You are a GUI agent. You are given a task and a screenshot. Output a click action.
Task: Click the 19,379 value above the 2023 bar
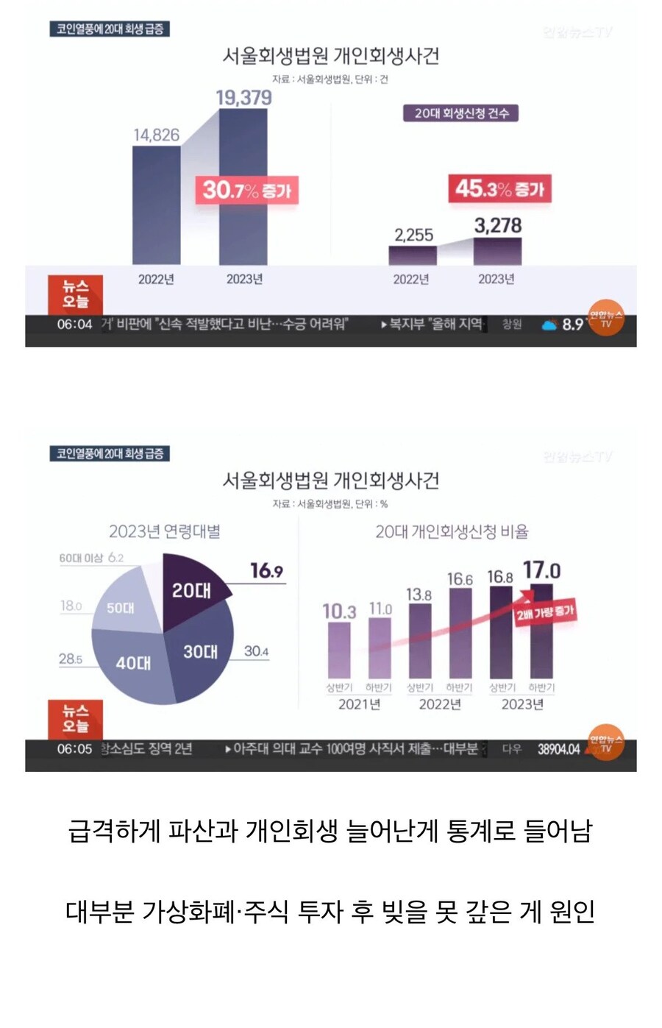click(x=243, y=98)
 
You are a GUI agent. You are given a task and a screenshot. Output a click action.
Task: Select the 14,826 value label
click(x=156, y=135)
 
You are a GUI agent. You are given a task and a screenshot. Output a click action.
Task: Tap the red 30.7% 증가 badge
click(x=246, y=191)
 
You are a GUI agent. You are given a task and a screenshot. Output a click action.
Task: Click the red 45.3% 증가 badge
click(x=499, y=189)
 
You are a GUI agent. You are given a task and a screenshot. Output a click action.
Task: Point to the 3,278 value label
click(x=498, y=225)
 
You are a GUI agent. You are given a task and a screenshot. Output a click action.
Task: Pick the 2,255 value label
click(x=413, y=235)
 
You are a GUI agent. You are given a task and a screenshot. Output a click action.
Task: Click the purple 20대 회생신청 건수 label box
click(x=461, y=113)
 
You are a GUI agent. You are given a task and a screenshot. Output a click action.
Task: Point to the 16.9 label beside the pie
click(x=266, y=571)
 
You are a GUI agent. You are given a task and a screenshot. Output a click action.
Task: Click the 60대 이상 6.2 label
click(x=92, y=558)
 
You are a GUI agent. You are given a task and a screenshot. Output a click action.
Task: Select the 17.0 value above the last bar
click(x=541, y=570)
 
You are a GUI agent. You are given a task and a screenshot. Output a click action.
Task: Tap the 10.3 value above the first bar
click(x=339, y=612)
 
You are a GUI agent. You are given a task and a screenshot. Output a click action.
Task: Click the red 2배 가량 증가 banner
click(x=544, y=612)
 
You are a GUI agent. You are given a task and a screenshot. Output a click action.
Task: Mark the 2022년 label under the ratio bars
click(x=439, y=704)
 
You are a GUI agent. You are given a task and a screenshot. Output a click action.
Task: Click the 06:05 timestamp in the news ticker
click(x=74, y=749)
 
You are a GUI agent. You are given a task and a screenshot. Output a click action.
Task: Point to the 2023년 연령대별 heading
click(x=165, y=531)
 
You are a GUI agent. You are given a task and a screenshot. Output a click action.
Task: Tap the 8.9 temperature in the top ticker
click(x=572, y=325)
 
